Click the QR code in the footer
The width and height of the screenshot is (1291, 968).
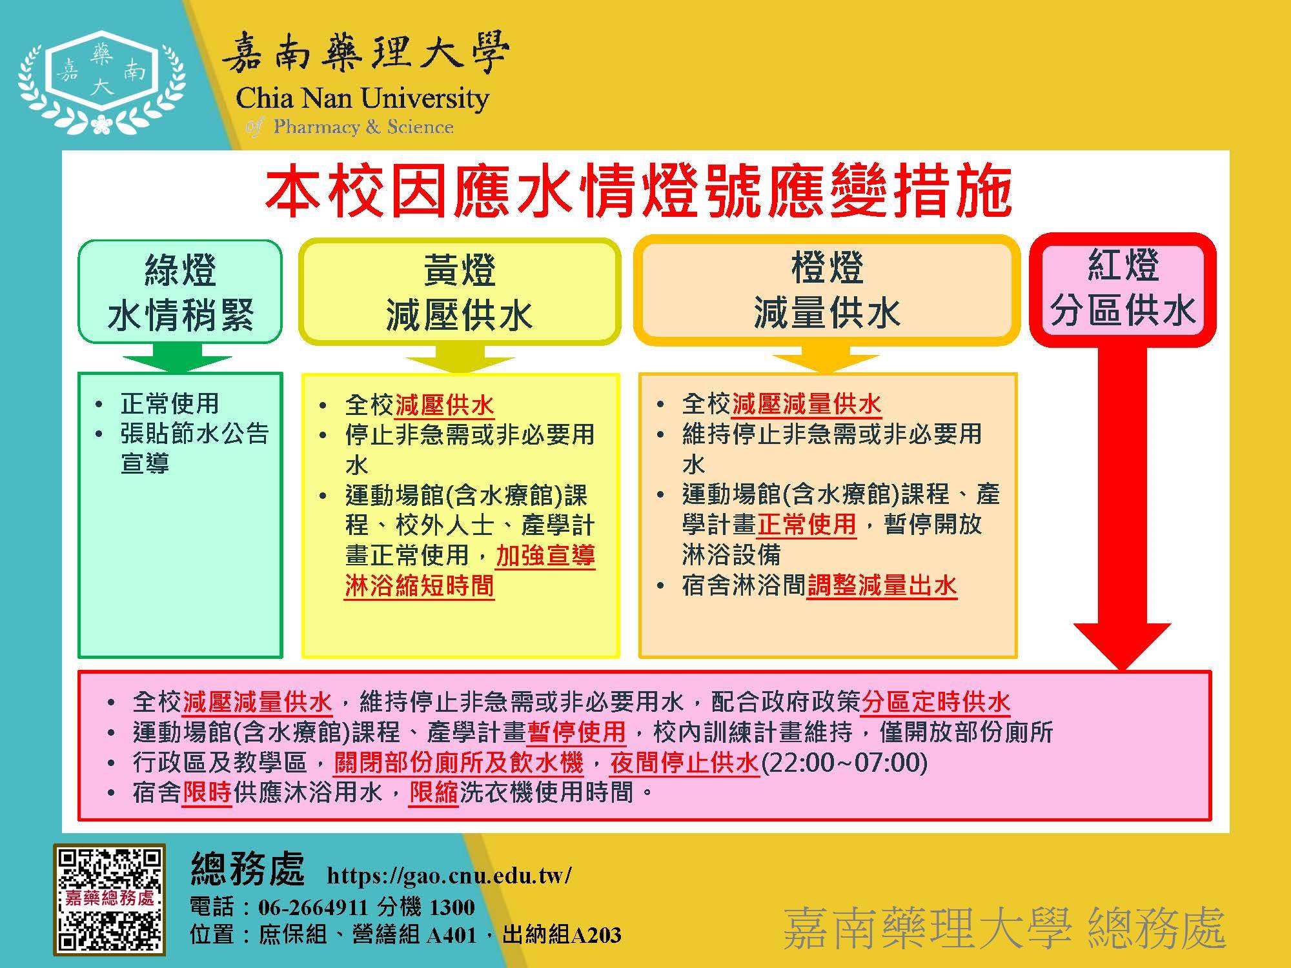pyautogui.click(x=109, y=900)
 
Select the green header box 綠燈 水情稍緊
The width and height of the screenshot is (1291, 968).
pyautogui.click(x=180, y=291)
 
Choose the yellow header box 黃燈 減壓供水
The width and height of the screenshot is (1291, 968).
pyautogui.click(x=459, y=292)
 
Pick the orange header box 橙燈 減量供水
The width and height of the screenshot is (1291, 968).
pyautogui.click(x=827, y=290)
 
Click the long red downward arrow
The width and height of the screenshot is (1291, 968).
pyautogui.click(x=1123, y=509)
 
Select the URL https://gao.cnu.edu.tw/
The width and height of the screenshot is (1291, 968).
pyautogui.click(x=449, y=875)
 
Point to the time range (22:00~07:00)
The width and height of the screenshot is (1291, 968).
pyautogui.click(x=844, y=762)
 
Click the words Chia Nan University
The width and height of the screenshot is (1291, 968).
pyautogui.click(x=362, y=99)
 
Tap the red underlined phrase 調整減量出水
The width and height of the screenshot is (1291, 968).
pyautogui.click(x=882, y=585)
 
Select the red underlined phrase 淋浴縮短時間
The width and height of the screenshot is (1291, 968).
pyautogui.click(x=419, y=586)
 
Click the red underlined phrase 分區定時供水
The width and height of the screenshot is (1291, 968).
pyautogui.click(x=936, y=701)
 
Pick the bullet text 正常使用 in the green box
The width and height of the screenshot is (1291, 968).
pyautogui.click(x=170, y=403)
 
